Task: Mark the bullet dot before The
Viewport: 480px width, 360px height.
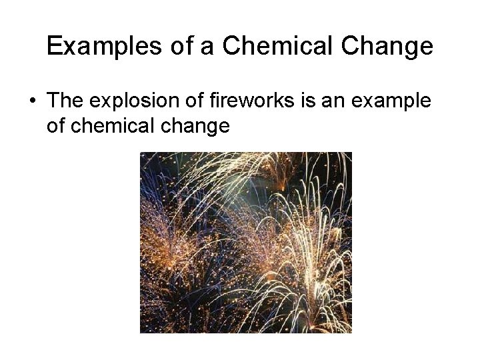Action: click(33, 102)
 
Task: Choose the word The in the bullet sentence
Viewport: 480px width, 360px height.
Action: click(67, 101)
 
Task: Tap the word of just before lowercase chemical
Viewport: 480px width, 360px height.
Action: click(57, 125)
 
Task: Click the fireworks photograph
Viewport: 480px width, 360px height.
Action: click(245, 243)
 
